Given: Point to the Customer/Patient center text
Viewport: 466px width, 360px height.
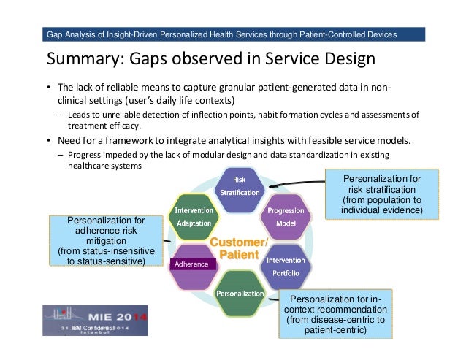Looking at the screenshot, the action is coord(239,248).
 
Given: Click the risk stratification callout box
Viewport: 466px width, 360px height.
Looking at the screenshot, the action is coord(383,194).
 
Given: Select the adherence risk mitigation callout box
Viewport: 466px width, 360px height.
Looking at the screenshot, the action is coord(107,240).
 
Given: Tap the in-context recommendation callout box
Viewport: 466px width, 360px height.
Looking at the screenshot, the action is coord(340,314).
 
